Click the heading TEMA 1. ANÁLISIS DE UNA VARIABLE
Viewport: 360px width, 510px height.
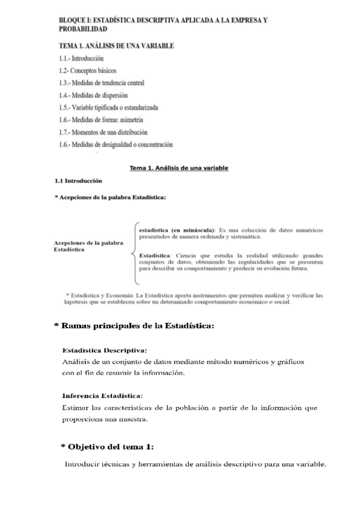(117, 46)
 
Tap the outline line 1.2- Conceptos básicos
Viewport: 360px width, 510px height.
(88, 70)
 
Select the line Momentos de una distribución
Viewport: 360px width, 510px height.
(103, 132)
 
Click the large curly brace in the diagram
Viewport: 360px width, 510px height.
(134, 253)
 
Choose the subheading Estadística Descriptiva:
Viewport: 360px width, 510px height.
(105, 349)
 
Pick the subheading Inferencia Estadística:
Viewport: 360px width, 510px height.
(103, 396)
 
